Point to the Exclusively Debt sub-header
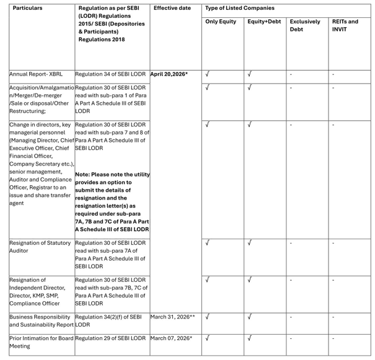[305, 25]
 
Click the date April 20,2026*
[169, 74]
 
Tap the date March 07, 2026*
[171, 338]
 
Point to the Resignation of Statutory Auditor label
[40, 247]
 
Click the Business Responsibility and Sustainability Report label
[41, 320]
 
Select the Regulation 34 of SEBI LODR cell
[111, 74]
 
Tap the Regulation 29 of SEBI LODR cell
[111, 338]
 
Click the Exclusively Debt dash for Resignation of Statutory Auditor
[291, 243]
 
